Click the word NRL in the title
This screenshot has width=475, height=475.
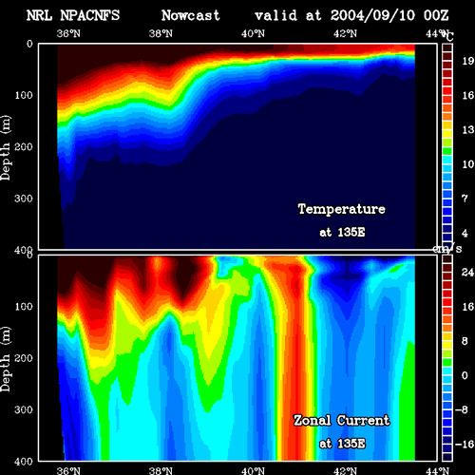pyautogui.click(x=39, y=15)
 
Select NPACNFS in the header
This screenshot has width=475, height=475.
pyautogui.click(x=90, y=15)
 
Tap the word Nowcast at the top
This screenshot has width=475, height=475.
pyautogui.click(x=191, y=15)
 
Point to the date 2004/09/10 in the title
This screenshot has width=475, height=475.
pyautogui.click(x=372, y=15)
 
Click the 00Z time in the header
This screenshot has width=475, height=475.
pyautogui.click(x=436, y=15)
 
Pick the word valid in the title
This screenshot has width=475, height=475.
pyautogui.click(x=276, y=15)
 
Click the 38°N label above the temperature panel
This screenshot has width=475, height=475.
pyautogui.click(x=161, y=33)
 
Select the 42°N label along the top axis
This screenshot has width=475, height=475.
pyautogui.click(x=345, y=33)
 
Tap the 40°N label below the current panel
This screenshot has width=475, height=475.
pyautogui.click(x=253, y=470)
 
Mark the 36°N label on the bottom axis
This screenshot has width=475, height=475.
pyautogui.click(x=68, y=470)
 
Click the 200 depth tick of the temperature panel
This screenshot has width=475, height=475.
pyautogui.click(x=24, y=146)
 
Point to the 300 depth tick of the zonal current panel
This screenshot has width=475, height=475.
pyautogui.click(x=24, y=409)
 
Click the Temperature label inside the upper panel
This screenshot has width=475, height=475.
pyautogui.click(x=342, y=209)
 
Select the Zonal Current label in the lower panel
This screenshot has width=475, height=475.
pyautogui.click(x=342, y=420)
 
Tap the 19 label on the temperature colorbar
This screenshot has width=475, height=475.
pyautogui.click(x=468, y=61)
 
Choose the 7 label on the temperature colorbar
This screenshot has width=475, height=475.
pyautogui.click(x=465, y=199)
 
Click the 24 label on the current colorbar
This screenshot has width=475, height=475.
pyautogui.click(x=467, y=272)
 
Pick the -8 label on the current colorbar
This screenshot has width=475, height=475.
pyautogui.click(x=462, y=409)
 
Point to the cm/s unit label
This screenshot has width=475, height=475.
pyautogui.click(x=447, y=248)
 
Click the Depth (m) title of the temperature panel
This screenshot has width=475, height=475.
pyautogui.click(x=6, y=148)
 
